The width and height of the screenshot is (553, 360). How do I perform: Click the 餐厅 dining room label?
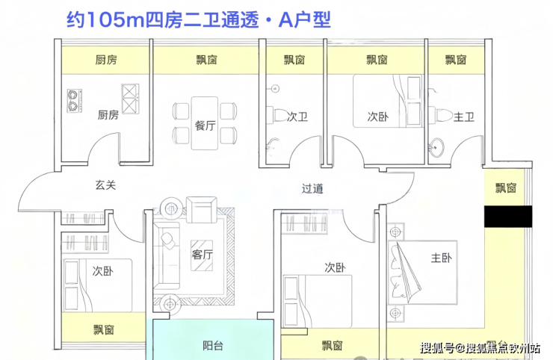pos(206,125)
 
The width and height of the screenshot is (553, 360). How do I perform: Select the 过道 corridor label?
pos(313,189)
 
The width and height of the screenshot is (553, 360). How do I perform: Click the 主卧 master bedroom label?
pos(442,258)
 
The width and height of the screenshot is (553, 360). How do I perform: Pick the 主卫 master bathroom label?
pos(465,117)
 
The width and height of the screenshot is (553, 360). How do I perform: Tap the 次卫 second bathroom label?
pos(297,117)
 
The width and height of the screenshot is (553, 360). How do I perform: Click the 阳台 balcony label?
pos(214,346)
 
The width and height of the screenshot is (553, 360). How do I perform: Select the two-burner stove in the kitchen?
pos(75,100)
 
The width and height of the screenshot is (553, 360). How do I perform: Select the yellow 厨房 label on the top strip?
pos(106,59)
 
